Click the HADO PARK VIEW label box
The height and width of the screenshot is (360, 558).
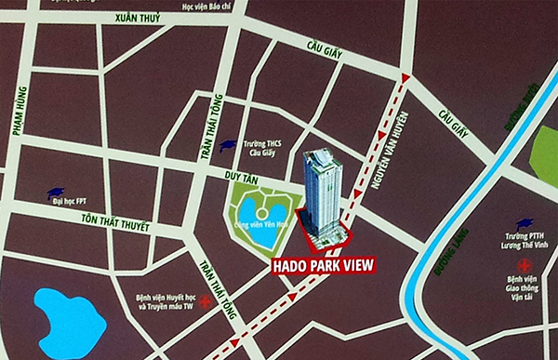click(x=322, y=266)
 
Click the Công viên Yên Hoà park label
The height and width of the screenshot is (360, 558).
click(x=259, y=224)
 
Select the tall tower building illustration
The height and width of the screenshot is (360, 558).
click(x=322, y=195)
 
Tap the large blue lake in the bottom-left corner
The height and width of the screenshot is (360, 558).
click(x=67, y=322)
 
